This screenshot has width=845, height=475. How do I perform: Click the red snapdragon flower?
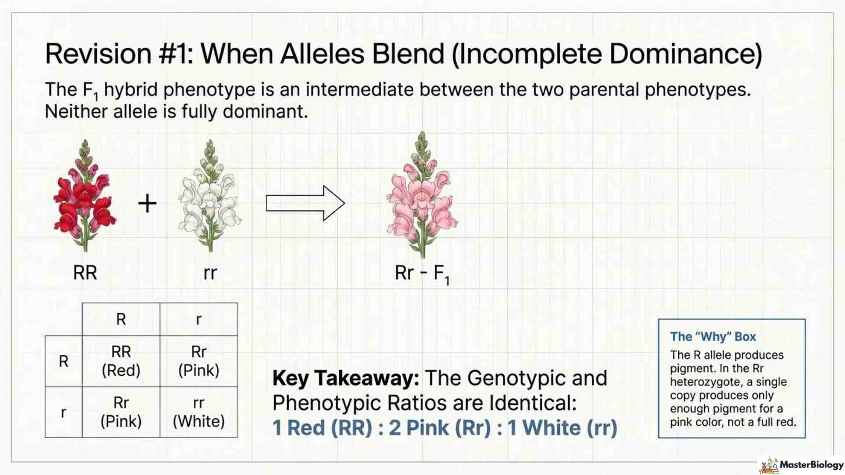(x=84, y=198)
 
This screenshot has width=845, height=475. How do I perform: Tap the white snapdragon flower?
(x=210, y=198)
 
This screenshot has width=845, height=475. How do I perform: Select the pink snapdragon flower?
(x=422, y=196)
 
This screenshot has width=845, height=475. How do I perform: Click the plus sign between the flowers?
(x=147, y=204)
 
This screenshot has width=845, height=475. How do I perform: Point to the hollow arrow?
(x=305, y=203)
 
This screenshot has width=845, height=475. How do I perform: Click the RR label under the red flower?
(x=85, y=273)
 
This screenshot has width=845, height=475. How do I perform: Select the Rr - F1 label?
(x=422, y=274)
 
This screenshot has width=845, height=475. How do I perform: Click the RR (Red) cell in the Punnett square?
(x=121, y=361)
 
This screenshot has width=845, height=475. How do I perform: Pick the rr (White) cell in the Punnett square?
(x=198, y=412)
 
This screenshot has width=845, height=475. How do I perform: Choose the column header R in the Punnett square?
(x=121, y=319)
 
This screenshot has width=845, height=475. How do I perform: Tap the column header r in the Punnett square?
(x=198, y=319)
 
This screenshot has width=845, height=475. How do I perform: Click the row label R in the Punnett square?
(x=64, y=362)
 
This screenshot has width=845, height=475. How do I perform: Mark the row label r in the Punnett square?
(x=64, y=413)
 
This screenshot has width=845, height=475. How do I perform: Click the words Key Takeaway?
(x=345, y=378)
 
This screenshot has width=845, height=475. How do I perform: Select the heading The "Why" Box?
(x=713, y=337)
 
